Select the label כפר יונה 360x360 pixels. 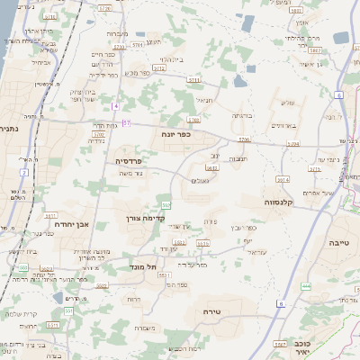(175, 132)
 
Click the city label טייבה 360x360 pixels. (338, 242)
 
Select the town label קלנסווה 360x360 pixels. (281, 203)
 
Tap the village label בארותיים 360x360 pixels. (283, 126)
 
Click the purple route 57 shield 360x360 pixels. (127, 122)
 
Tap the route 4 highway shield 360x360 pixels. (115, 106)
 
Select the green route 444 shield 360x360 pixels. (305, 285)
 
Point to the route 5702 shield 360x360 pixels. (98, 133)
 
